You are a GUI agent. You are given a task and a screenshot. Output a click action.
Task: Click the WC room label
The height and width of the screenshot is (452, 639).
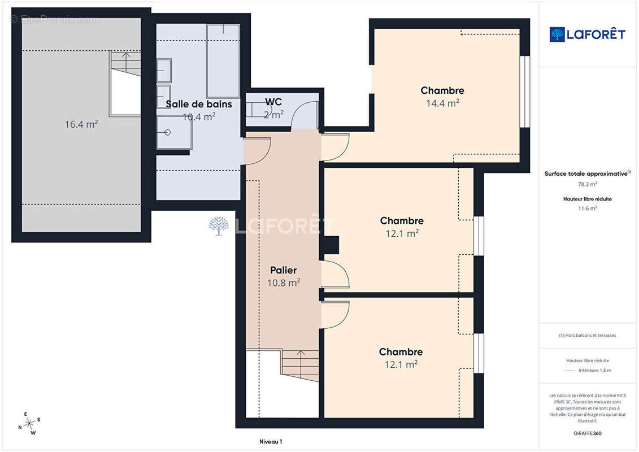pyautogui.click(x=273, y=102)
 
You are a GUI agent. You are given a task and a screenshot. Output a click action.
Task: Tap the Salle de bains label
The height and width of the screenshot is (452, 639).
pyautogui.click(x=199, y=104)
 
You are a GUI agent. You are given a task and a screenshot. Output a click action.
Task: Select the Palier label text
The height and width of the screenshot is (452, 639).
pyautogui.click(x=284, y=270)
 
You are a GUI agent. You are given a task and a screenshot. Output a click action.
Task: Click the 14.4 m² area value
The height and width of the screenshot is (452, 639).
pyautogui.click(x=442, y=103)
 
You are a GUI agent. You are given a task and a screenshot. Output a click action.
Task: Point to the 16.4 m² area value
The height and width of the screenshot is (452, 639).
pyautogui.click(x=81, y=124)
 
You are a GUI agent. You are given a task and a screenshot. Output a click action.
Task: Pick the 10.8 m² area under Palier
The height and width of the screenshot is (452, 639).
pyautogui.click(x=284, y=282)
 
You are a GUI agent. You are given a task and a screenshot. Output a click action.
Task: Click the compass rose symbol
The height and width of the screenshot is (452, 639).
pyautogui.click(x=29, y=424)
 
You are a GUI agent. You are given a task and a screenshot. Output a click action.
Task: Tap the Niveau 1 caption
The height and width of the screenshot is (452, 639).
pyautogui.click(x=271, y=441)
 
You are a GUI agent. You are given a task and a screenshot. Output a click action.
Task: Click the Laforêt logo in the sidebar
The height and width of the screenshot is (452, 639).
pyautogui.click(x=587, y=34)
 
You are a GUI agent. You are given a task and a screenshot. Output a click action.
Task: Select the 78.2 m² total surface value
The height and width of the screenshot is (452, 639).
pyautogui.click(x=587, y=184)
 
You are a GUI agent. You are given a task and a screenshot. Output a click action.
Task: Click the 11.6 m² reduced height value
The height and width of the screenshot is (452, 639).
pyautogui.click(x=587, y=208)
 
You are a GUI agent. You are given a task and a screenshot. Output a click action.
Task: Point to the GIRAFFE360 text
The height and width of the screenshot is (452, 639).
pyautogui.click(x=587, y=433)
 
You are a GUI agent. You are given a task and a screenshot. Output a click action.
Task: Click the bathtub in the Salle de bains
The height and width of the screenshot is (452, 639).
pyautogui.click(x=223, y=60)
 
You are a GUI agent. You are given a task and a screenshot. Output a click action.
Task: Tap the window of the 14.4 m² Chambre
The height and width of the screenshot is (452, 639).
pyautogui.click(x=525, y=92)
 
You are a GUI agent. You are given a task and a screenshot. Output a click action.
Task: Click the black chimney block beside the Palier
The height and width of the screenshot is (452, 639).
pyautogui.click(x=331, y=245)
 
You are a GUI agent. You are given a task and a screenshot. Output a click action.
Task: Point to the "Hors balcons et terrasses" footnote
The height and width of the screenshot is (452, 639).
pyautogui.click(x=587, y=336)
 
